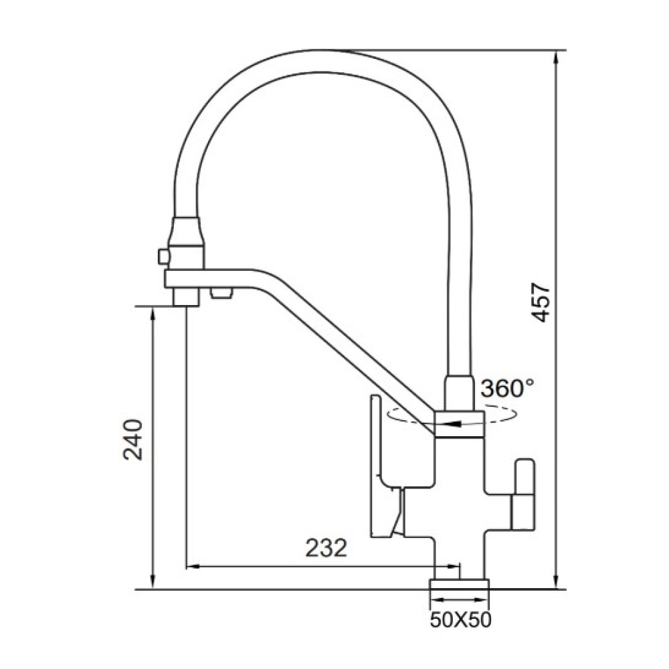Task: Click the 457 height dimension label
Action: tap(541, 302)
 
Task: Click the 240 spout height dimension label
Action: tap(132, 440)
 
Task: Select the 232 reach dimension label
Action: tap(326, 548)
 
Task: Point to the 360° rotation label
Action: tap(507, 388)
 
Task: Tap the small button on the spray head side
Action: tap(163, 257)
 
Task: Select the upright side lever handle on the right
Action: tap(524, 493)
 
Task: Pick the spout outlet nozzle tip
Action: tap(186, 297)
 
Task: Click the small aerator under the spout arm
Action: tap(221, 293)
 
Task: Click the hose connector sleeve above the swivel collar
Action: tap(460, 393)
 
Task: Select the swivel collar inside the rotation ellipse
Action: tap(459, 424)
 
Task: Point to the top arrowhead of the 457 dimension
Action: tap(556, 57)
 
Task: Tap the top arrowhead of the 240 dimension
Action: tap(153, 314)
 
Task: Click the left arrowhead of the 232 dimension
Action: tap(194, 567)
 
